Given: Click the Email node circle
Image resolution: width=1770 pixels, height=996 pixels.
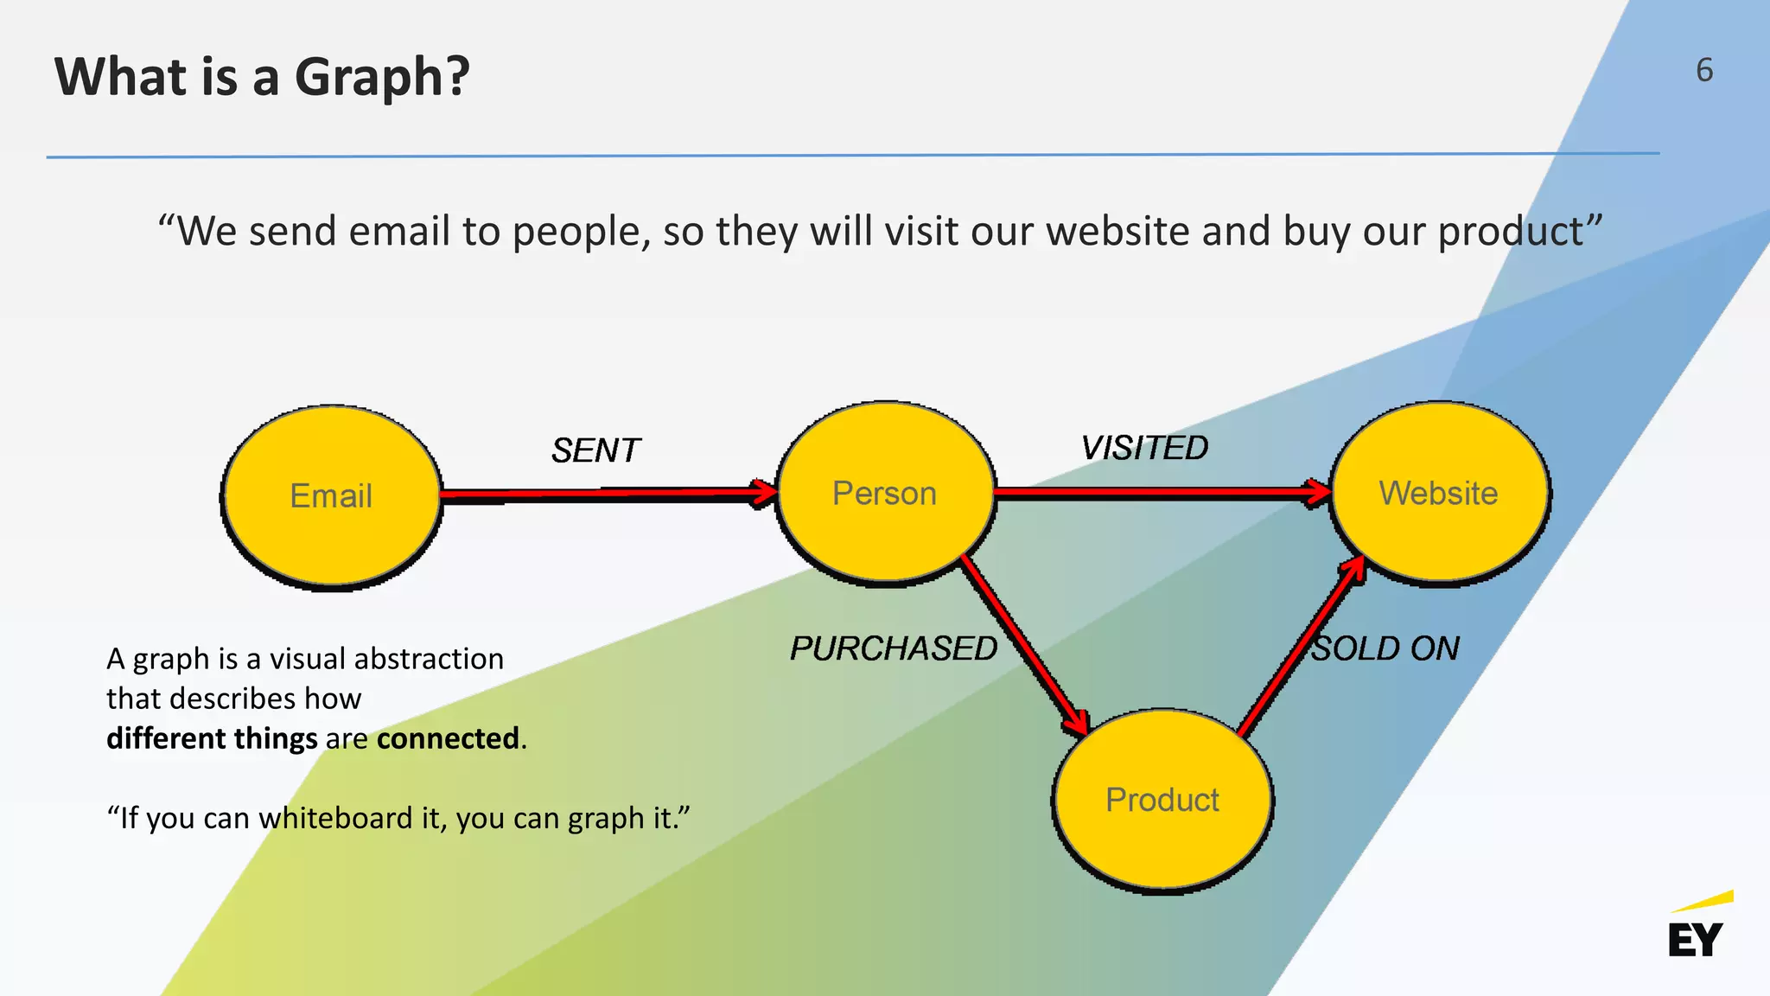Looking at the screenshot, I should coord(331,496).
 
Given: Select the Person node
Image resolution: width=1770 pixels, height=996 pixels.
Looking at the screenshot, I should coord(885,494).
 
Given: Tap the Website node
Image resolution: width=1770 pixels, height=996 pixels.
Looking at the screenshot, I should coord(1439,494).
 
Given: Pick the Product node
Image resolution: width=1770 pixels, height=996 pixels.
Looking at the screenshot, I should coord(1162,801).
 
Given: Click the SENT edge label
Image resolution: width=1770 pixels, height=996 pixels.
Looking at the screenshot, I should coord(595,450).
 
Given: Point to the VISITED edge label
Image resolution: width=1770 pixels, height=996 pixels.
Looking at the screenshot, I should coord(1144,448).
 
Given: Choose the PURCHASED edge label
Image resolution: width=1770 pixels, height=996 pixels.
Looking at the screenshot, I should coord(894,648).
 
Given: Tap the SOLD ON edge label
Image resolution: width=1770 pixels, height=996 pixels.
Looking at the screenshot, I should coord(1385,648).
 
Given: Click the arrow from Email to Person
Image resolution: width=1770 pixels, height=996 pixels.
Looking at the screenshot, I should coord(605,494).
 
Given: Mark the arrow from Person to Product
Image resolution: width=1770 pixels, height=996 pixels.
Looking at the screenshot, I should coord(1024,645).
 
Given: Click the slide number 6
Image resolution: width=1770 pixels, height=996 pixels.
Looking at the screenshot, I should coord(1703,70).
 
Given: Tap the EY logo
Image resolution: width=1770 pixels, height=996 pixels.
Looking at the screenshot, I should coord(1697,929).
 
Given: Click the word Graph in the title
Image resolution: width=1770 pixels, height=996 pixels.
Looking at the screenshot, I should coord(381,76).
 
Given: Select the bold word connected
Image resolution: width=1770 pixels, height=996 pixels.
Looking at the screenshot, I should coord(448,738).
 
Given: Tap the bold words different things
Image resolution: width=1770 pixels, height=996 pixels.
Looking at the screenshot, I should coord(212,738).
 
